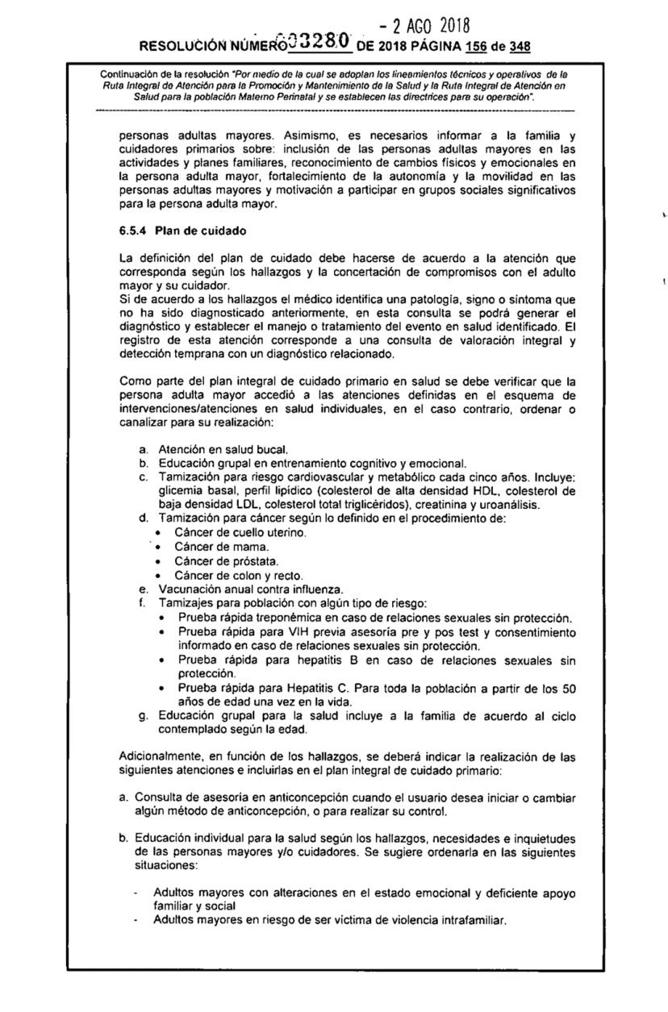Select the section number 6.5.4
(x=134, y=232)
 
